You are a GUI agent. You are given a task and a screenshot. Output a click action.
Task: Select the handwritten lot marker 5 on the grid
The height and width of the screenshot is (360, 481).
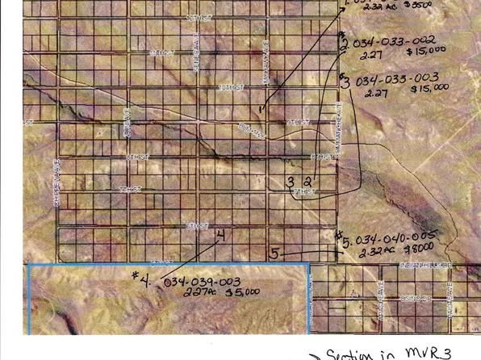point(274,253)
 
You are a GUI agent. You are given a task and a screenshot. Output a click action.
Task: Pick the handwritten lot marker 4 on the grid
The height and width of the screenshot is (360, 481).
point(220,235)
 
